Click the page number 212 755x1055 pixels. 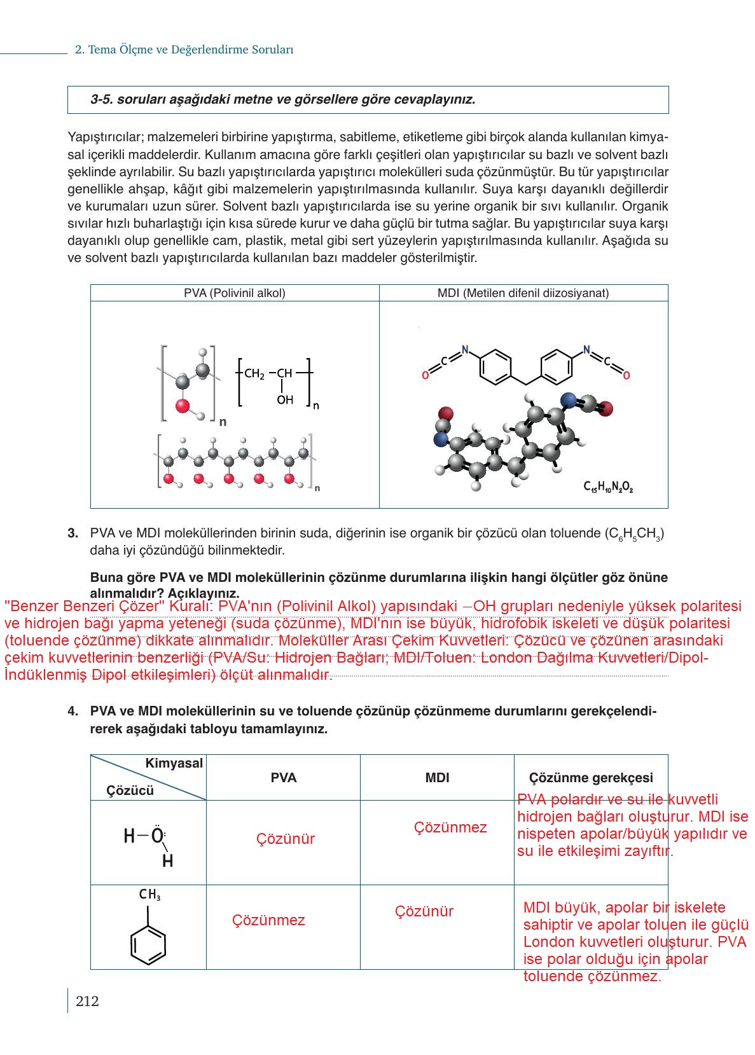(x=87, y=1002)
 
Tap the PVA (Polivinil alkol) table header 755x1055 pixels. (x=234, y=293)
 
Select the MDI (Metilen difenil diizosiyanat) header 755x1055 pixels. (x=523, y=293)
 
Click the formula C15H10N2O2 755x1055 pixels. (x=608, y=487)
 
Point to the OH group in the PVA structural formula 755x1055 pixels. (x=285, y=400)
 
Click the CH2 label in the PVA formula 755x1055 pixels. (x=254, y=374)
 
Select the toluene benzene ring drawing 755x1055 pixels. (x=148, y=944)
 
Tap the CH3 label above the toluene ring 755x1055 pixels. (x=149, y=895)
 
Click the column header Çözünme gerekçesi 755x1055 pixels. (x=590, y=778)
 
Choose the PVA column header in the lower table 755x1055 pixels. (x=283, y=778)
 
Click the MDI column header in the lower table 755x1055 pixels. (x=437, y=778)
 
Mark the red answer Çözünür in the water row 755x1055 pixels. (x=285, y=839)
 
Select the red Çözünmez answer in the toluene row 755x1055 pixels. (x=268, y=920)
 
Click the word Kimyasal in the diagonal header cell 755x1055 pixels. (x=174, y=763)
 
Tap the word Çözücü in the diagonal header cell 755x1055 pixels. (x=130, y=790)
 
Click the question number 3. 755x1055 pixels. (x=73, y=533)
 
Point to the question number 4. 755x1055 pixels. (x=73, y=711)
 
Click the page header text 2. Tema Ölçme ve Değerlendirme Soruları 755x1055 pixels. (x=184, y=50)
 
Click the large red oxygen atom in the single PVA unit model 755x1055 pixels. (x=183, y=405)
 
